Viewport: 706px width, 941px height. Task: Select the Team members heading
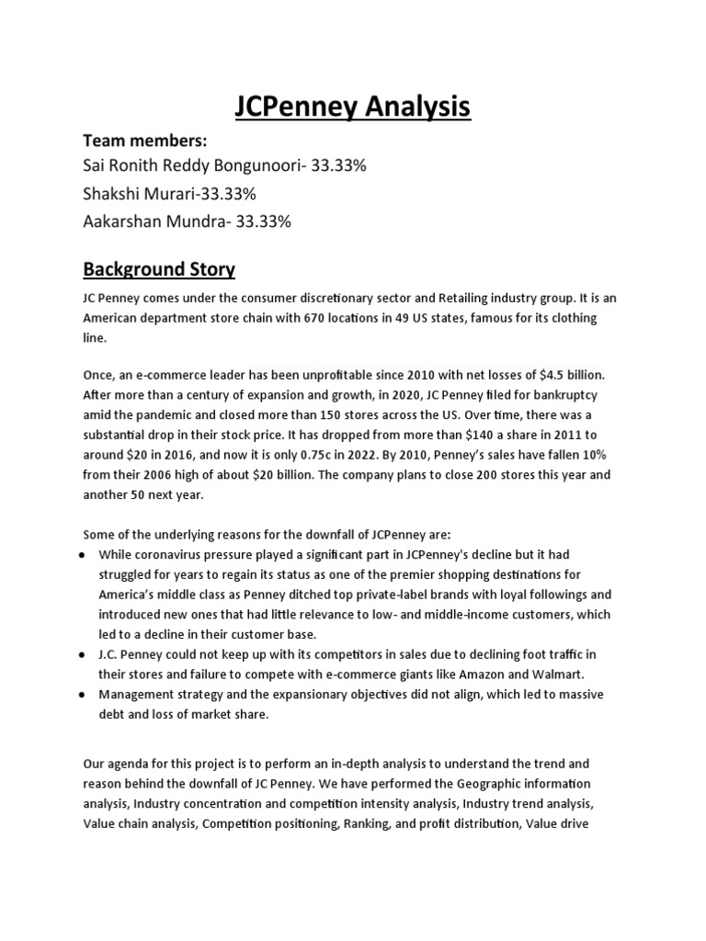(144, 142)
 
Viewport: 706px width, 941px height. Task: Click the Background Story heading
(159, 269)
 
